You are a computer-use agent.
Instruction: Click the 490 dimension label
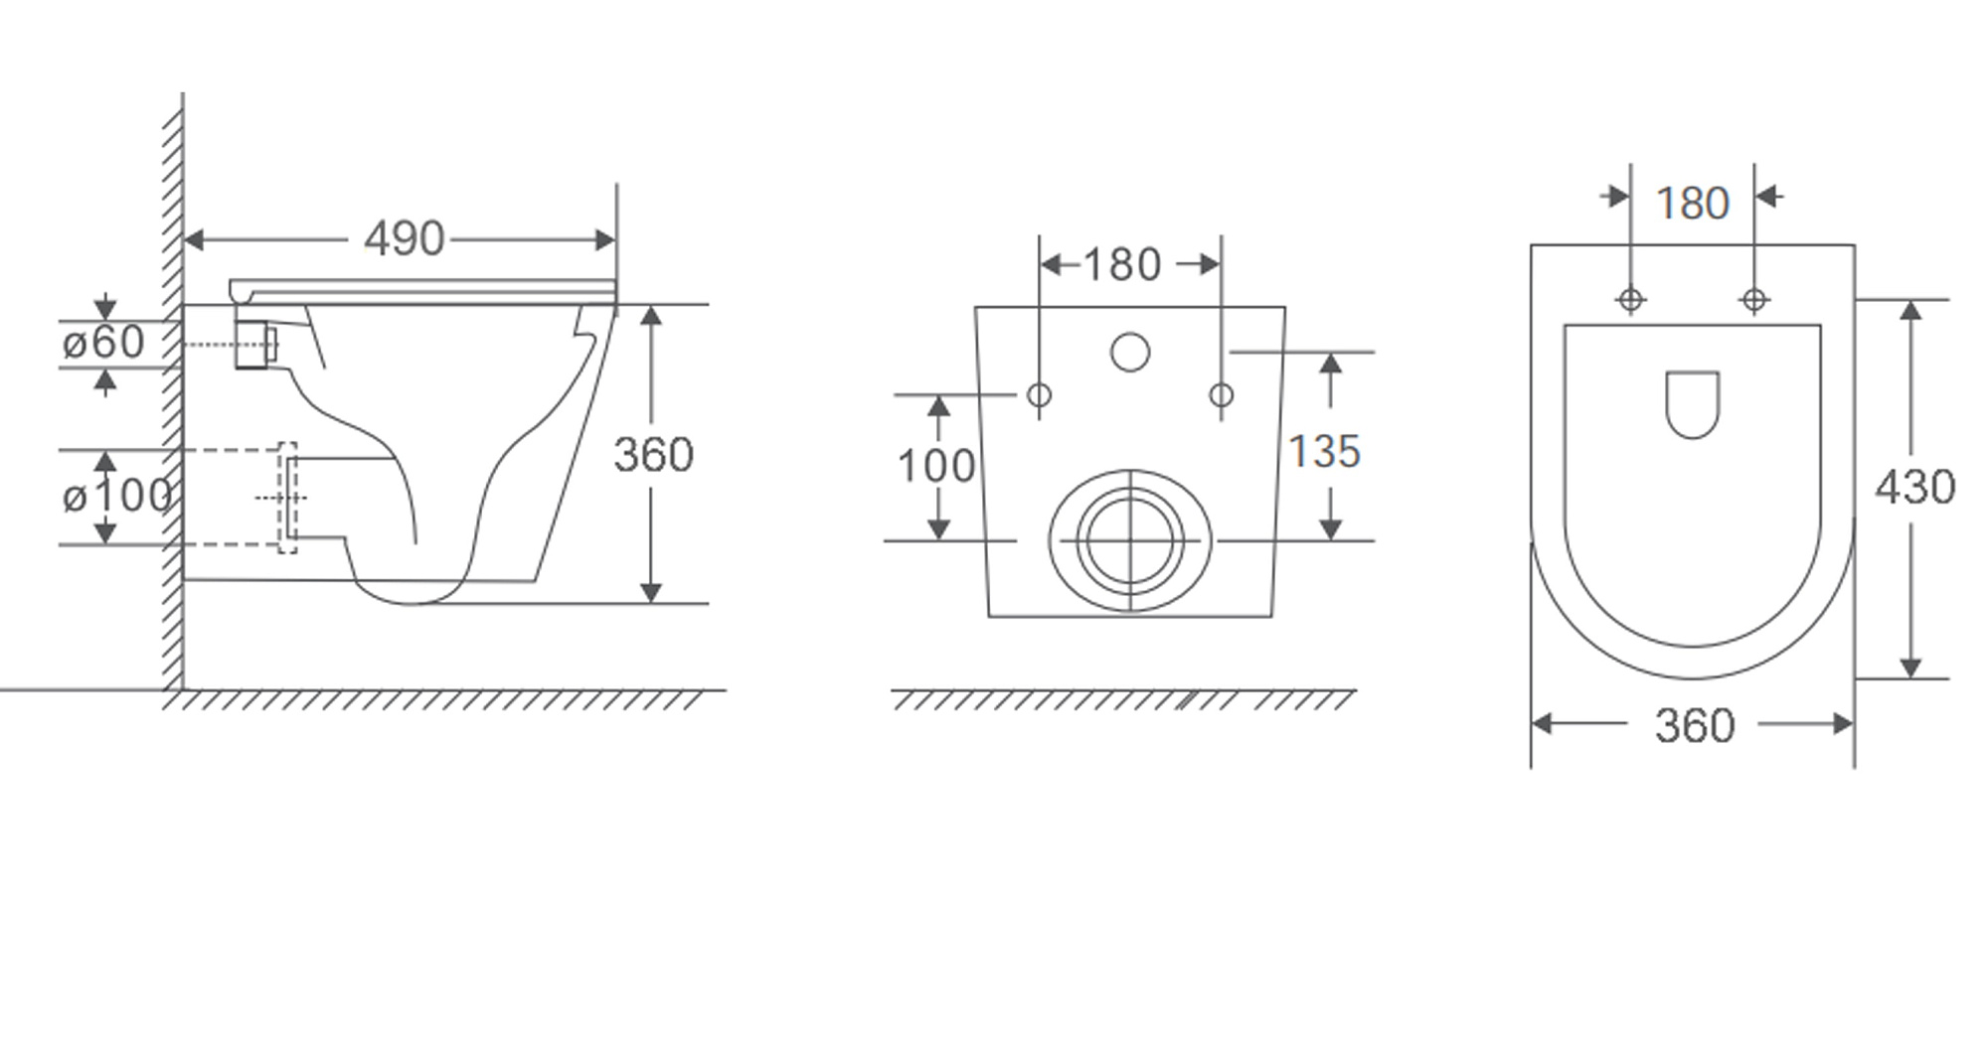tap(404, 239)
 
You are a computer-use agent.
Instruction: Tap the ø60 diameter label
tap(103, 343)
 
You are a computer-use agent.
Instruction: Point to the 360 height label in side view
tap(653, 455)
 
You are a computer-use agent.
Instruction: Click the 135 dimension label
tap(1324, 452)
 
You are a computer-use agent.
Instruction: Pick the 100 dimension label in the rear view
tap(936, 466)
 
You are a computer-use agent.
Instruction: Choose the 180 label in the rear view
tap(1121, 265)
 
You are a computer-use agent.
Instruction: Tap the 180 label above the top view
tap(1693, 204)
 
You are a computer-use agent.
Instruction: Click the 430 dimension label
tap(1915, 488)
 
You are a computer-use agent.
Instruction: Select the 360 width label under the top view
tap(1695, 726)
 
